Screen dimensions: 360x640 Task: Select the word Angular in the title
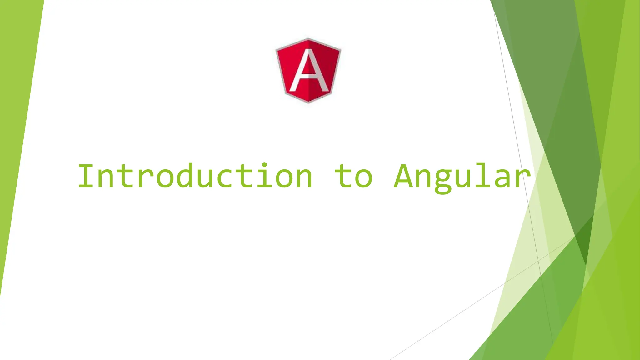click(462, 177)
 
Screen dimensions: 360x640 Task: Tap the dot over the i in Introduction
click(264, 164)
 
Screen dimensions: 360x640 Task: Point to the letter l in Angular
click(482, 175)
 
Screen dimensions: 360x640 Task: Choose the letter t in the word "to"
click(343, 177)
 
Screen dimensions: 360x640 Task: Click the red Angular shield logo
click(308, 71)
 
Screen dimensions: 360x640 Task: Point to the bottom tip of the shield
click(308, 102)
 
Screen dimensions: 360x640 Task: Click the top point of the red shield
click(308, 39)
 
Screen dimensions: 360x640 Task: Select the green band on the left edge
click(16, 125)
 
